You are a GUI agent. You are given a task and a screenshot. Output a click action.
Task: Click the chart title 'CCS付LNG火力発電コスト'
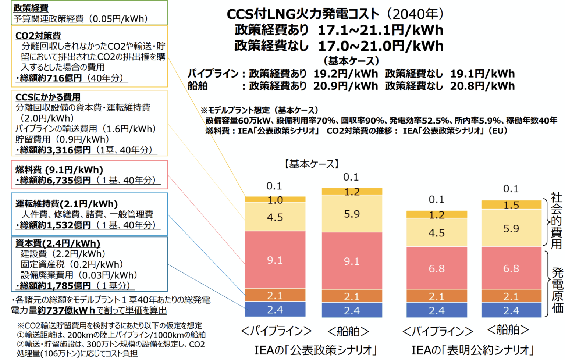coord(303,14)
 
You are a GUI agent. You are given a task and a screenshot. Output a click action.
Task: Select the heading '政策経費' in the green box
coord(31,8)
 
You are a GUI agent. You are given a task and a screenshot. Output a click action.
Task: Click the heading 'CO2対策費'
coord(38,36)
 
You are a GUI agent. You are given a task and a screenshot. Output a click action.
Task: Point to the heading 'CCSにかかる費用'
coord(48,97)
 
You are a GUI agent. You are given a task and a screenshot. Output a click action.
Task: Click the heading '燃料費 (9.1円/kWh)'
coord(59,170)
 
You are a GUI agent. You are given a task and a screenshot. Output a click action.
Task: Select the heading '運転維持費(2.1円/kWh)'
coord(66,204)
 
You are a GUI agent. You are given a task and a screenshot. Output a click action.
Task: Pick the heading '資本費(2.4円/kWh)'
coord(57,243)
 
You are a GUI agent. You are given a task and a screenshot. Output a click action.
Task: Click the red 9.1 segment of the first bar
coord(275,260)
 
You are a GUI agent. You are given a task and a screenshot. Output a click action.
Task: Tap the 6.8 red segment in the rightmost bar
coord(511,268)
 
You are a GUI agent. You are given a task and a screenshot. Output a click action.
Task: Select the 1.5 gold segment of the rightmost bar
coord(511,205)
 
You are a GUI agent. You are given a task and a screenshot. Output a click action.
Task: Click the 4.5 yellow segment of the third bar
coord(436,233)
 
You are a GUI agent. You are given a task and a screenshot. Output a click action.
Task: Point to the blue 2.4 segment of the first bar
coord(275,310)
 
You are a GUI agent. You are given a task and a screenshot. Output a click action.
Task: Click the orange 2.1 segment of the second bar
coord(352,296)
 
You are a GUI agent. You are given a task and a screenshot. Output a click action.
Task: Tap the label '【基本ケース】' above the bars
coord(312,164)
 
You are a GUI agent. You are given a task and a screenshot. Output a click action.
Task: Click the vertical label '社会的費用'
coord(556,221)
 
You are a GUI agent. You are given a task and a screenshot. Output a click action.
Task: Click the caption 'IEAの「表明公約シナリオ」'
coord(472,350)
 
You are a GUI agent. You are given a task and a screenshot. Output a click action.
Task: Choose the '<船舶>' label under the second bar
coord(348,331)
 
